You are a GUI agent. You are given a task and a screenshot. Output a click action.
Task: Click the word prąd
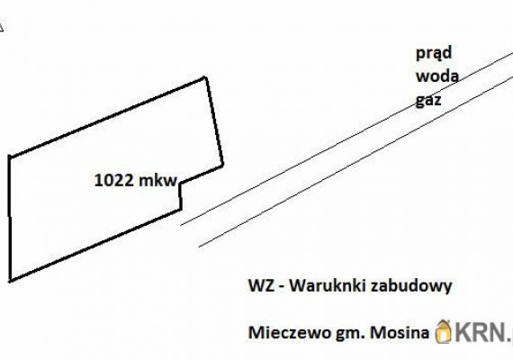tap(434, 53)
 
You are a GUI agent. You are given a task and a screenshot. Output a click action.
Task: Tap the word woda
tap(437, 76)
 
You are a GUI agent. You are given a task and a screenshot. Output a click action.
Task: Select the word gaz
tap(428, 101)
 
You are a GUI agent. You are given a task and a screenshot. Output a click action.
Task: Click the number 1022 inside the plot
tap(114, 180)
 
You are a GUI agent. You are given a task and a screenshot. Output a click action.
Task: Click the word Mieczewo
tap(290, 333)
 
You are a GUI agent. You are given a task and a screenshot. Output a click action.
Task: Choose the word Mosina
tap(400, 333)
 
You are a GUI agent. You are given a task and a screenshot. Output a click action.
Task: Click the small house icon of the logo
tap(444, 331)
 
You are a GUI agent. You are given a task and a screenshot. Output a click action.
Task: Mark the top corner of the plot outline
tap(205, 77)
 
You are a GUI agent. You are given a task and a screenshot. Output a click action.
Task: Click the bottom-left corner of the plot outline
tap(10, 281)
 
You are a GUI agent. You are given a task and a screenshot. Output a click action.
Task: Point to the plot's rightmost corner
tap(223, 166)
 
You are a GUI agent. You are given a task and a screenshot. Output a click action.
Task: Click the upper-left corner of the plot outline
tap(10, 157)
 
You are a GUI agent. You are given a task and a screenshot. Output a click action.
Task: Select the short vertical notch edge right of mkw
tap(180, 196)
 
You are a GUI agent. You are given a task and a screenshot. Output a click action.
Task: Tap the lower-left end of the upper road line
tap(181, 225)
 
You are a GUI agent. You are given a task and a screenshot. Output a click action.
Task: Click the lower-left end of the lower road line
tap(199, 247)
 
